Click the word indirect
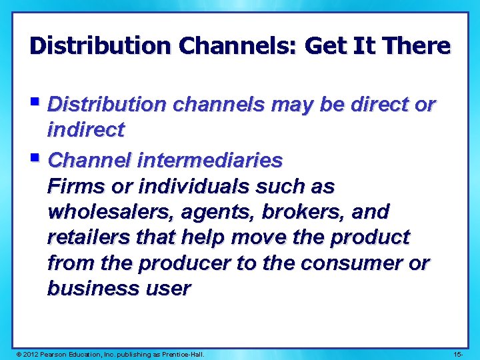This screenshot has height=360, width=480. [x=85, y=130]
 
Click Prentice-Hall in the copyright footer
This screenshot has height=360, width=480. [x=181, y=353]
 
